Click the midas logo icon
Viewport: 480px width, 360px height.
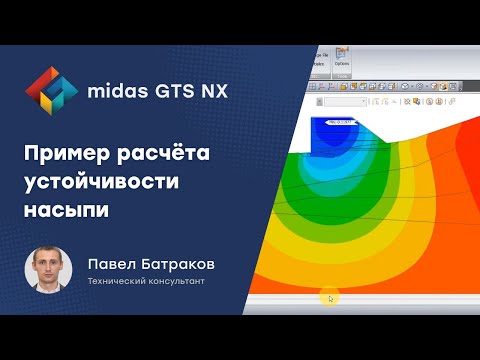49,90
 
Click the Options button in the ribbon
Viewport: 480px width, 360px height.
342,61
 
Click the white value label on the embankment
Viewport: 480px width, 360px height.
326,123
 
